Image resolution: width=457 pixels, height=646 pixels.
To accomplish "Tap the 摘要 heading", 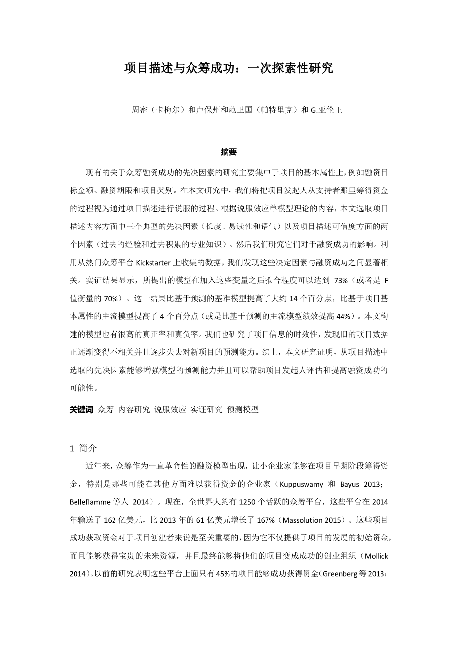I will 228,152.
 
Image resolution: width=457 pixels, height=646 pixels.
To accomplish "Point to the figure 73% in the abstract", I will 341,280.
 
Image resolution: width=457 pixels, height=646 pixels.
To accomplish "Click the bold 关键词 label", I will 81,409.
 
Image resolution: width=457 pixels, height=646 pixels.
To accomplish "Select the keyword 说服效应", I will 170,409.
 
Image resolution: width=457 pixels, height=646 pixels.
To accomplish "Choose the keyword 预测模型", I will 243,409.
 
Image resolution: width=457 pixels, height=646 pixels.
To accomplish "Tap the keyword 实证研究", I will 206,409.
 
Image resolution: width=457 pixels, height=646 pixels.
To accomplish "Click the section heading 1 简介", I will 84,448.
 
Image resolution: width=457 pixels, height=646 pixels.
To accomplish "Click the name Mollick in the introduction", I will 376,556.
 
